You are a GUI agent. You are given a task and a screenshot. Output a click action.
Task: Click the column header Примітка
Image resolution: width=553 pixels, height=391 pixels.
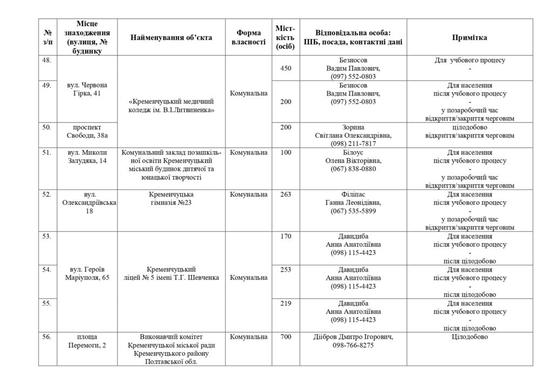[469, 38]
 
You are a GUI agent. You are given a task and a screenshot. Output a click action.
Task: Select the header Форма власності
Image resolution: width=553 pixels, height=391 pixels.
[248, 38]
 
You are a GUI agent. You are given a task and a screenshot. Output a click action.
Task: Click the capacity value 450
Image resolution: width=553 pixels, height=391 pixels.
[286, 69]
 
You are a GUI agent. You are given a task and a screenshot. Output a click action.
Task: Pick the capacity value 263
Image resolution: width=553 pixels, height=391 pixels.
[286, 194]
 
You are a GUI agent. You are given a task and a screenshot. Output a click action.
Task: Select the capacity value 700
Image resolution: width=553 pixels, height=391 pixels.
[286, 337]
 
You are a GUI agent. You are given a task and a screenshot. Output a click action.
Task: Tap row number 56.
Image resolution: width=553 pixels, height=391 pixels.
[47, 337]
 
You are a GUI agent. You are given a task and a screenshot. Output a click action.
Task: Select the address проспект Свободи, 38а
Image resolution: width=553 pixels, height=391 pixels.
[87, 131]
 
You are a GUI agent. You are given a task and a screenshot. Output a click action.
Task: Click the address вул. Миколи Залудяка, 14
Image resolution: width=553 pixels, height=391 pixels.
[87, 157]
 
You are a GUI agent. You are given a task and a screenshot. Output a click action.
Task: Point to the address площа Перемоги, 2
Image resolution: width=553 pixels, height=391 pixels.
[87, 341]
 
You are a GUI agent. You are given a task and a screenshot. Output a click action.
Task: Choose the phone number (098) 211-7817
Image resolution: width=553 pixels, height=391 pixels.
[353, 144]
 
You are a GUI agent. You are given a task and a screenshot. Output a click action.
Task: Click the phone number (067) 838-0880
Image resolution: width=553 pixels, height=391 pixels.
[353, 169]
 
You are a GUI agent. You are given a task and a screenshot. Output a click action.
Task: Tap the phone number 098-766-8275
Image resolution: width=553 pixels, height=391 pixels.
[353, 346]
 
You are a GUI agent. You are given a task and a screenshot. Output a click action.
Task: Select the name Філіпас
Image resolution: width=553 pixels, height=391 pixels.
[353, 194]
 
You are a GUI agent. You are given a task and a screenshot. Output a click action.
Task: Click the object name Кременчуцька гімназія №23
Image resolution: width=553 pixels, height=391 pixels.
[171, 198]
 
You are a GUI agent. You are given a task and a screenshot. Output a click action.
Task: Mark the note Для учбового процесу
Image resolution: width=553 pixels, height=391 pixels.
[469, 60]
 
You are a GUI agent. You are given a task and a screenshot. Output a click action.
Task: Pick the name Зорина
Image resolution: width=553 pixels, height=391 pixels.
[353, 127]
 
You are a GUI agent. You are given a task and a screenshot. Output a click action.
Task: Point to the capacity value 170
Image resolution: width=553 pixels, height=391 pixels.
[286, 236]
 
